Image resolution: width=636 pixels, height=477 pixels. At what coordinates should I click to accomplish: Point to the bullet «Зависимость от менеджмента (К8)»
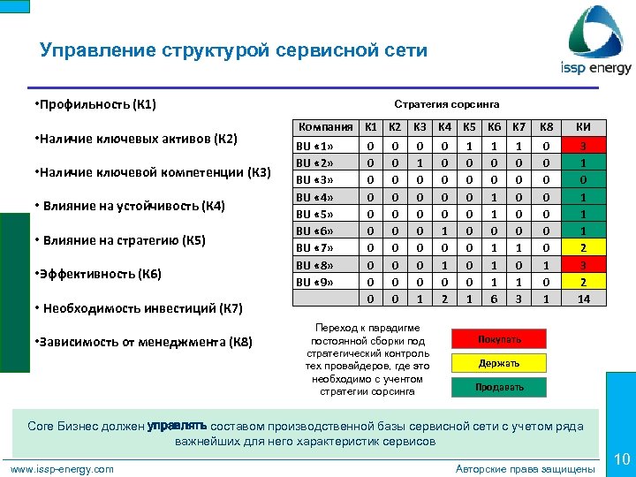tap(142, 342)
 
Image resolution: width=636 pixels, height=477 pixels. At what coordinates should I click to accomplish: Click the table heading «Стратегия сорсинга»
tap(446, 104)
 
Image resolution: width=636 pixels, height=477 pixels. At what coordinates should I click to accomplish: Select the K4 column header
tap(445, 127)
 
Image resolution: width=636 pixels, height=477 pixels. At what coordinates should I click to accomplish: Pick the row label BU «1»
tap(315, 147)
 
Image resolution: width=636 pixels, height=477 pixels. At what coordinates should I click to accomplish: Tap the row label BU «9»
tap(315, 282)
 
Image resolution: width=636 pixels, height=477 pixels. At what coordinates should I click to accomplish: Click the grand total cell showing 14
tap(584, 299)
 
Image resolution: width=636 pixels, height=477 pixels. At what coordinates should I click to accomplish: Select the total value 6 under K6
tap(495, 299)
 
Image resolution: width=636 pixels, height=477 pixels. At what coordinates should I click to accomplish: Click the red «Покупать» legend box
tap(499, 339)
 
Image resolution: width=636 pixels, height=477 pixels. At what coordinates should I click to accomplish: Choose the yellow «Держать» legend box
tap(499, 363)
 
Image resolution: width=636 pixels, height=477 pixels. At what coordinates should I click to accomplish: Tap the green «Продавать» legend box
tap(499, 387)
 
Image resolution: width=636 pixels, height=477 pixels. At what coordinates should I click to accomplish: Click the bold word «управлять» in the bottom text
tap(177, 425)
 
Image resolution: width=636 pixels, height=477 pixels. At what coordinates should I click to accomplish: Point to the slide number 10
tap(621, 458)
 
